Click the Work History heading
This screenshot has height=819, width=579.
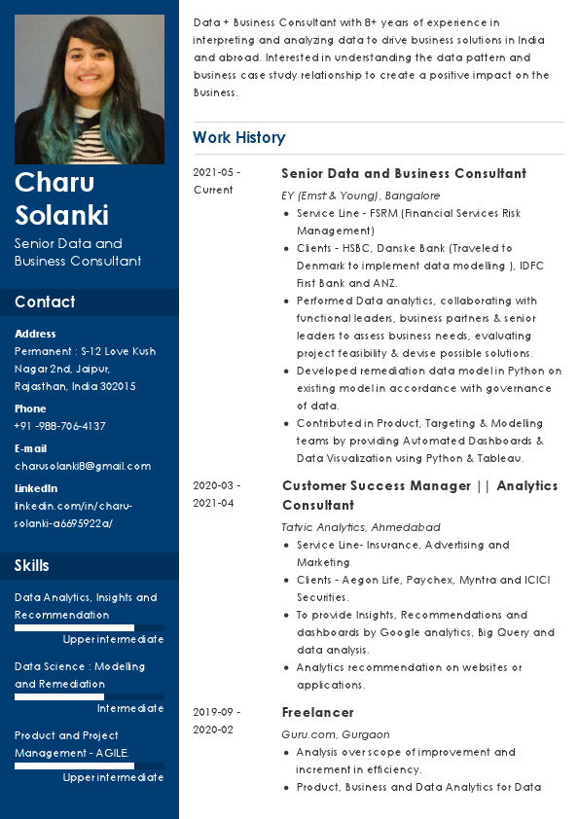pos(238,137)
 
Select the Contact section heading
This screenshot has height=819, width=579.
pos(45,302)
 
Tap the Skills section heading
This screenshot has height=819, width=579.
pos(32,565)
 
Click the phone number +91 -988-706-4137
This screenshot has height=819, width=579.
pos(60,426)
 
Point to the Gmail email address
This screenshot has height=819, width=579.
pos(83,466)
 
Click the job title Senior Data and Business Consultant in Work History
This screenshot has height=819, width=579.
pos(404,173)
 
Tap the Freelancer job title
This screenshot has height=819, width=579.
pos(317,712)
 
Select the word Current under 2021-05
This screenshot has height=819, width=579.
pos(213,190)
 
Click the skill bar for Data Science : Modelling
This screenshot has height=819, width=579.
pos(89,696)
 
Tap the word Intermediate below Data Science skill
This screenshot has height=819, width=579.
pos(130,708)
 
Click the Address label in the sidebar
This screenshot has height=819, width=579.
pos(35,334)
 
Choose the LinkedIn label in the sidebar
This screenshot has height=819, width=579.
pos(36,488)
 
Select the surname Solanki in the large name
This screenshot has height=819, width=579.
pos(61,215)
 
